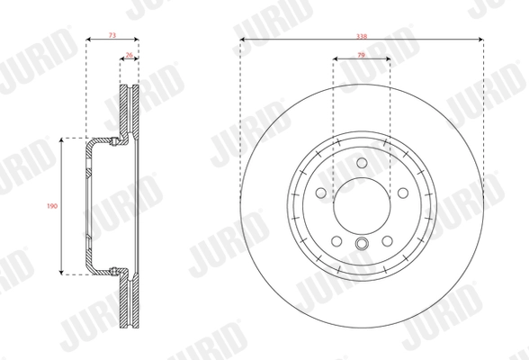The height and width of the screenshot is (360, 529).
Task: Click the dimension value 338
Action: [x=362, y=36]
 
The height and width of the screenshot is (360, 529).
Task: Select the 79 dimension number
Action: [x=361, y=55]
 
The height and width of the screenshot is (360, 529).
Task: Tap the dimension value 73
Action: [x=112, y=35]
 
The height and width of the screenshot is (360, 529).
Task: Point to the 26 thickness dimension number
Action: [x=129, y=55]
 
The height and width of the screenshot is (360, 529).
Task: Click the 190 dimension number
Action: [x=52, y=206]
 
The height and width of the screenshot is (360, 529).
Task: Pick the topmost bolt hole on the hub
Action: [x=362, y=163]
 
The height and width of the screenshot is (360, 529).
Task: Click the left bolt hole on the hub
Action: [x=321, y=193]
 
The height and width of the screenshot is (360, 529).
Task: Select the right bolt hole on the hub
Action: [x=403, y=193]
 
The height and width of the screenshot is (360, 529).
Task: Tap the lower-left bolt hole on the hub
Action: [x=336, y=241]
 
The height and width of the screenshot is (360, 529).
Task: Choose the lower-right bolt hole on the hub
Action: [x=387, y=241]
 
